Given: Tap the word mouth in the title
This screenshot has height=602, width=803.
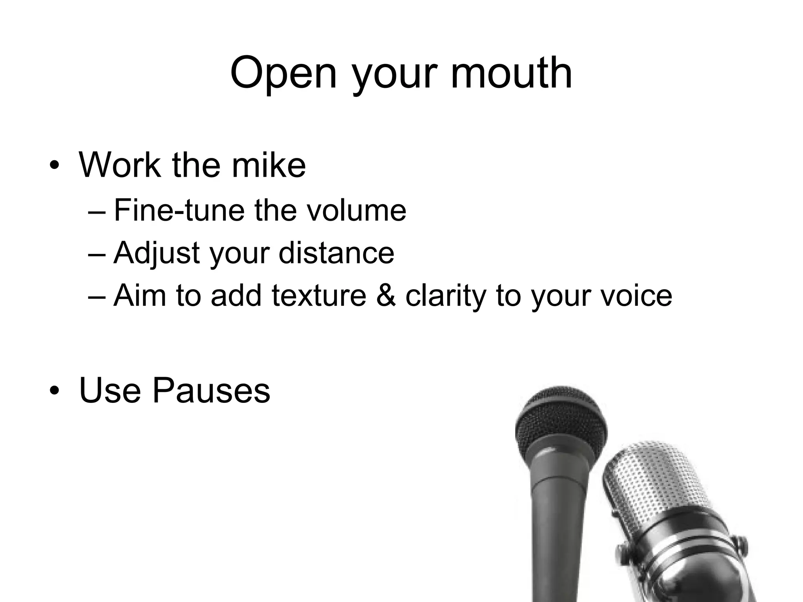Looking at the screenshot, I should (511, 73).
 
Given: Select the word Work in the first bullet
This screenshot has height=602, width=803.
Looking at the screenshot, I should (120, 165).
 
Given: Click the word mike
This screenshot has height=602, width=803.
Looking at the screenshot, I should (269, 165).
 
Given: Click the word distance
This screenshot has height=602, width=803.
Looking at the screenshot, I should (336, 253).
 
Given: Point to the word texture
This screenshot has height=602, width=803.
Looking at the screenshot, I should (319, 295).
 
